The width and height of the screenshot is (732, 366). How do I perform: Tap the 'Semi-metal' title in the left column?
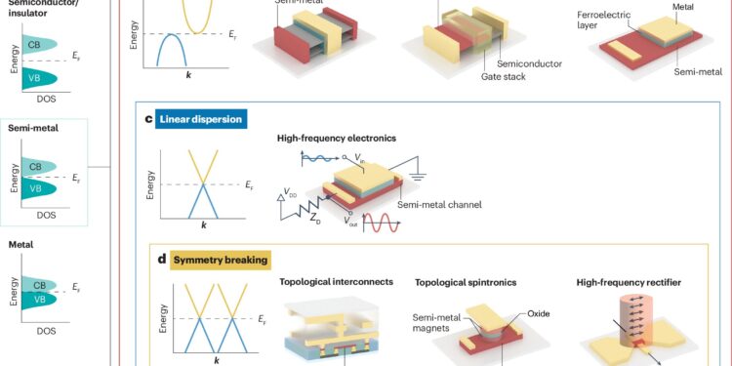(x=28, y=126)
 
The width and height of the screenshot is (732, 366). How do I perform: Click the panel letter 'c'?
(x=147, y=120)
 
